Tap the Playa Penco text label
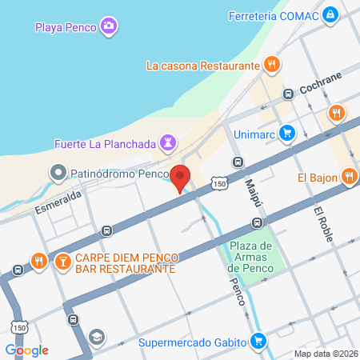[66, 27]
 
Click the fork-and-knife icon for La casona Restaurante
[273, 65]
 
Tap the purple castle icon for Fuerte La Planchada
[167, 142]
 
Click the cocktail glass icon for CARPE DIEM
[62, 260]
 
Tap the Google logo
[26, 350]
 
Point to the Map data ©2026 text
[326, 354]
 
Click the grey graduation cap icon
[97, 336]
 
